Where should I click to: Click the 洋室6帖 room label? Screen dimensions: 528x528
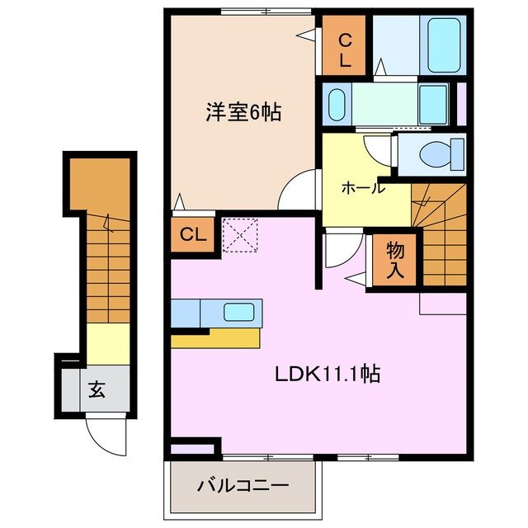point(243,112)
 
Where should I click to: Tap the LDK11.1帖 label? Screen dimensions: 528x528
point(327,374)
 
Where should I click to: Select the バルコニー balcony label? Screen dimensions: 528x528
point(243,485)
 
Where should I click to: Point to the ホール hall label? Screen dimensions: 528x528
point(363,187)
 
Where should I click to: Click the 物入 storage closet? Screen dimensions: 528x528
point(394,259)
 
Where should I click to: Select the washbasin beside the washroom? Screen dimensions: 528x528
point(337,106)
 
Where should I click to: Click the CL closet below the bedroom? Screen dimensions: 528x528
point(193,235)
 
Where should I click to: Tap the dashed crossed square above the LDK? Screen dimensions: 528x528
point(240,233)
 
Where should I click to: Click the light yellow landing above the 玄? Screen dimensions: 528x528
point(107,342)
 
